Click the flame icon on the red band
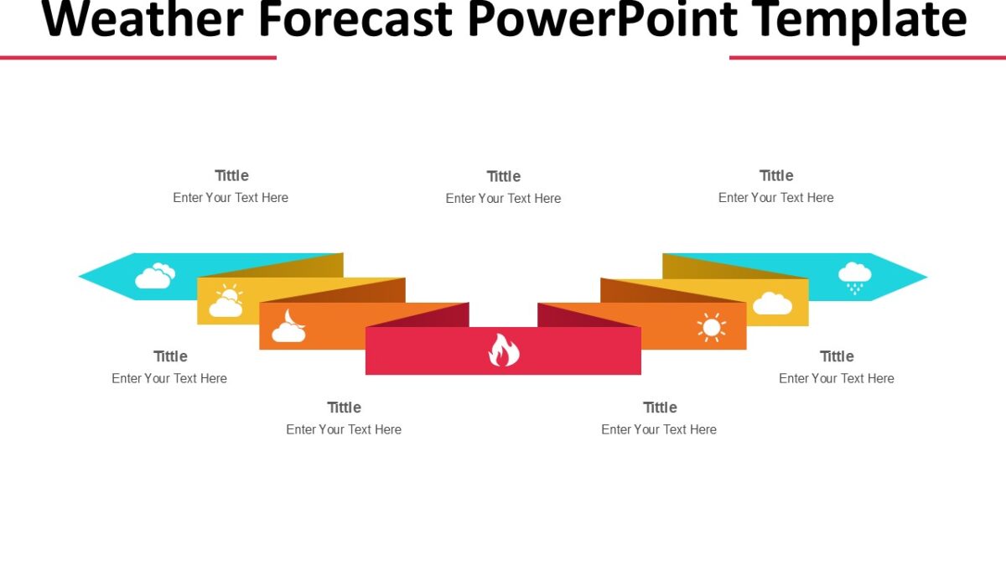pyautogui.click(x=504, y=351)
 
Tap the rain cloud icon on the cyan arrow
pyautogui.click(x=854, y=277)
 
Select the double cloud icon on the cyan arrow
pyautogui.click(x=154, y=276)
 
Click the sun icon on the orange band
pyautogui.click(x=711, y=327)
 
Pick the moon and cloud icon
pyautogui.click(x=288, y=326)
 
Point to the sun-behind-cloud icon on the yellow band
pyautogui.click(x=226, y=301)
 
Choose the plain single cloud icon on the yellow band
pyautogui.click(x=772, y=303)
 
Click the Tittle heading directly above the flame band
pyautogui.click(x=503, y=176)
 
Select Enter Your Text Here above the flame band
pyautogui.click(x=503, y=199)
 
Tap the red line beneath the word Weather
pyautogui.click(x=138, y=57)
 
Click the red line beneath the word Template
pyautogui.click(x=868, y=57)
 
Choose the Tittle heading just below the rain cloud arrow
pyautogui.click(x=837, y=356)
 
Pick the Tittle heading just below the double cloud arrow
pyautogui.click(x=170, y=356)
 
